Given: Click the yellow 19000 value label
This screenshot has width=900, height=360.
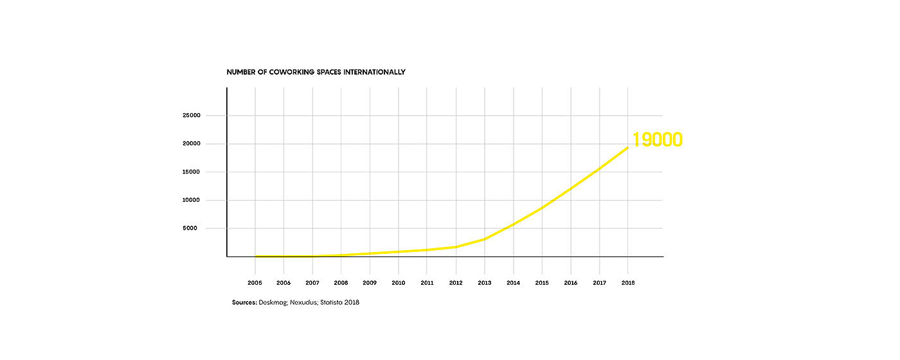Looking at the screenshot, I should (x=657, y=139).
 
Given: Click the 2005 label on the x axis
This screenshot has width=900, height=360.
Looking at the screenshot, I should (x=255, y=282).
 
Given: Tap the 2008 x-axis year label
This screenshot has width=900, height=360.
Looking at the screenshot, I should (x=341, y=282).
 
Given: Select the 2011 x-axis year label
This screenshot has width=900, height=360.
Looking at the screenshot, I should (x=427, y=282).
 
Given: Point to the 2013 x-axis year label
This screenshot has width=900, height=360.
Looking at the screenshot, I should (x=485, y=282).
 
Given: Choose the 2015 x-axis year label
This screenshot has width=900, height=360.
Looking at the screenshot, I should (x=542, y=282).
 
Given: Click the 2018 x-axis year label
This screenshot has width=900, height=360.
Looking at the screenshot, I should (x=628, y=282).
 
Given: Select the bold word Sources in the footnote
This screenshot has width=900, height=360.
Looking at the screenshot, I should (x=244, y=302).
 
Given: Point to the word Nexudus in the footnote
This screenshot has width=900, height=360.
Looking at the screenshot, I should (x=304, y=302).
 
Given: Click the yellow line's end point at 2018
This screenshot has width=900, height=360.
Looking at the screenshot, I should (x=628, y=148).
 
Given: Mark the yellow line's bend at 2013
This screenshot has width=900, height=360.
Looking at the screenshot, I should (x=485, y=239).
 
